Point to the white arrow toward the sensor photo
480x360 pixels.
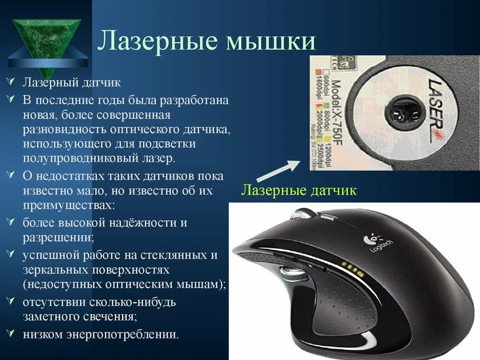click(x=278, y=170)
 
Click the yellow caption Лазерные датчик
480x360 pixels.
click(x=299, y=190)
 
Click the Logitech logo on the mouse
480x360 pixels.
click(x=379, y=243)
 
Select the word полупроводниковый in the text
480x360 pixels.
click(x=75, y=158)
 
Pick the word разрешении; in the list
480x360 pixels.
click(x=58, y=236)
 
